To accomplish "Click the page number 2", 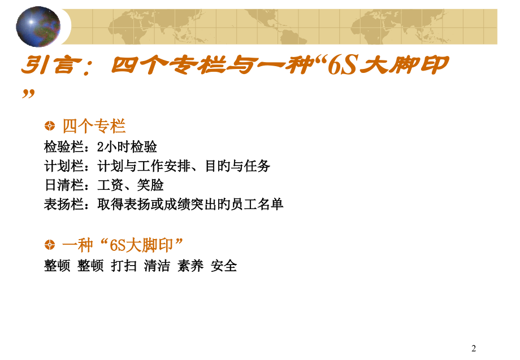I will pyautogui.click(x=474, y=348).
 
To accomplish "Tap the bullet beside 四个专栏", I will pyautogui.click(x=50, y=125).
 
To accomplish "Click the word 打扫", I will pyautogui.click(x=124, y=266).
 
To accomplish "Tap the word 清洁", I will pyautogui.click(x=157, y=266).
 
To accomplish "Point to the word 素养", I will pyautogui.click(x=190, y=266).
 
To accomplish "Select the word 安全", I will pyautogui.click(x=224, y=266).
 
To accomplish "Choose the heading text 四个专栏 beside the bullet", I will pyautogui.click(x=94, y=125).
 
